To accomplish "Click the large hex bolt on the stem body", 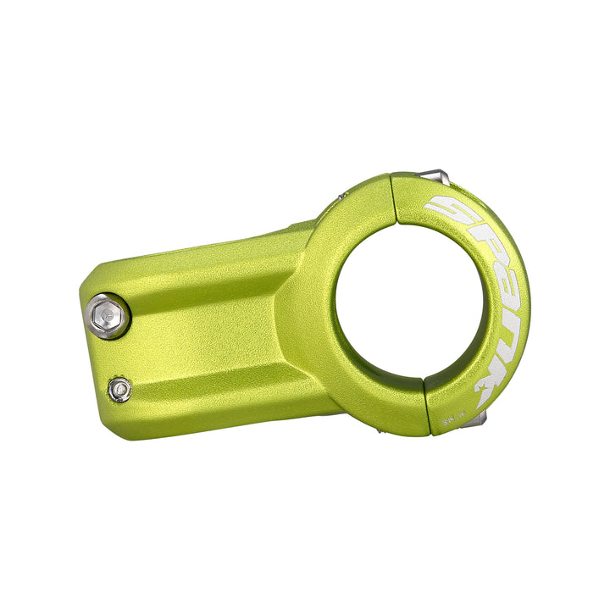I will pos(108,317).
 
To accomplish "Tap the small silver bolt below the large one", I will pos(120,389).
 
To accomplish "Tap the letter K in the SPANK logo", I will pos(490,385).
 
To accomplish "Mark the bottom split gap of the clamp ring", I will pos(426,405).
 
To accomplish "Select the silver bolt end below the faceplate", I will pos(480,420).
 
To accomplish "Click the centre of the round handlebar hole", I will pos(410,303).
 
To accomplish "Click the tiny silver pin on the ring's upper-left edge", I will pos(341,194).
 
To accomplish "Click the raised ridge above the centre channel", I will pos(212,271).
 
